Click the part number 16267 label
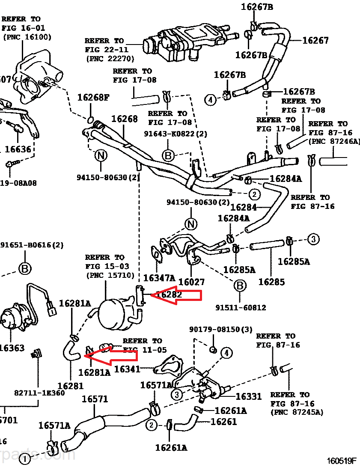pos(315,41)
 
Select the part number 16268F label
pos(93,97)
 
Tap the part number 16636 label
pos(18,149)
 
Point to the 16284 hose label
pos(243,207)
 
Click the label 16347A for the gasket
pos(159,278)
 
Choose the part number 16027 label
pos(191,282)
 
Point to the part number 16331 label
pos(248,397)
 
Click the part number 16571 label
pos(95,399)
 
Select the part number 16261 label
pos(223,422)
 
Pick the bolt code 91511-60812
pos(241,307)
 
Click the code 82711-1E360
pos(39,393)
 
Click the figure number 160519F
pos(342,461)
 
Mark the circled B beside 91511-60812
pos(240,286)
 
